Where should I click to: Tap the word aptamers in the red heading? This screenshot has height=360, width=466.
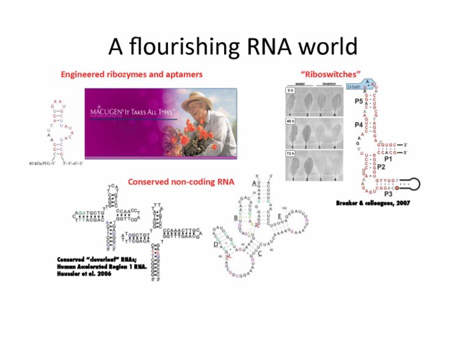tap(182, 74)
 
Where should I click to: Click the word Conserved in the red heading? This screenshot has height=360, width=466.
tap(150, 181)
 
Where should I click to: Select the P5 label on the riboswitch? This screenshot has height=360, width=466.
tap(359, 101)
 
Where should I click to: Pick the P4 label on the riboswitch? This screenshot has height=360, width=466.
tap(359, 125)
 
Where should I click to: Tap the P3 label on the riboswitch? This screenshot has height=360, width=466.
tap(387, 193)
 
